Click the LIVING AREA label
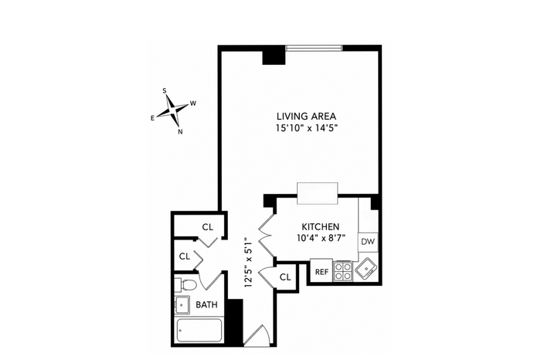[306, 117]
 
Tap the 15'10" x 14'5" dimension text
[306, 128]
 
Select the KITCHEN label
[321, 227]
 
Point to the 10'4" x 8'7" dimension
[321, 238]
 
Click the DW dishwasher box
[368, 242]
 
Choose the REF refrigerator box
[322, 271]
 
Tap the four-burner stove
[343, 271]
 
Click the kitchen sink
[366, 270]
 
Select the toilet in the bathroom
[186, 284]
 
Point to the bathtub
[199, 331]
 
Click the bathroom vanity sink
[182, 305]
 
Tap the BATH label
[206, 305]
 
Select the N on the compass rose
[180, 132]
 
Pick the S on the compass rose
[165, 90]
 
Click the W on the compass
[193, 103]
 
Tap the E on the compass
[152, 118]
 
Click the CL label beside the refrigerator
[285, 277]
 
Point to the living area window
[314, 48]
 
